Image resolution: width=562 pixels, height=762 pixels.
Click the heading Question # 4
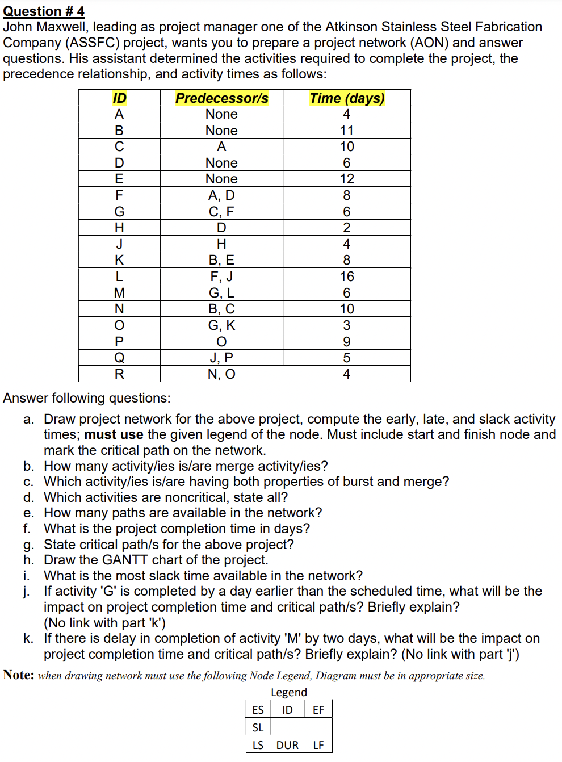pyautogui.click(x=44, y=11)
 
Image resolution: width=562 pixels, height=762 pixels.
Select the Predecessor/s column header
pyautogui.click(x=221, y=98)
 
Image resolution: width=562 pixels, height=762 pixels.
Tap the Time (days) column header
pyautogui.click(x=346, y=98)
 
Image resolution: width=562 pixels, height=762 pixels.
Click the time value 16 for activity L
pyautogui.click(x=346, y=277)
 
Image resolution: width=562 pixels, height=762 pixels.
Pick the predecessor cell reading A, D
pyautogui.click(x=221, y=195)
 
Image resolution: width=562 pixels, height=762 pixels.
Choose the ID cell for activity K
pyautogui.click(x=119, y=260)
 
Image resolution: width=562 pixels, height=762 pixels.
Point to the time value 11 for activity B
pyautogui.click(x=346, y=131)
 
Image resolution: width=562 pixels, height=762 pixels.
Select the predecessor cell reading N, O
pyautogui.click(x=221, y=374)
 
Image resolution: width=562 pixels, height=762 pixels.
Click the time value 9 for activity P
pyautogui.click(x=346, y=342)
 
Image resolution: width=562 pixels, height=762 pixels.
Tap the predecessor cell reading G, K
pyautogui.click(x=221, y=325)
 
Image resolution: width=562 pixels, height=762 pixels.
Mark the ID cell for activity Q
pyautogui.click(x=119, y=358)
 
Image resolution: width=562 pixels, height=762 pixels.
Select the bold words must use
pyautogui.click(x=114, y=435)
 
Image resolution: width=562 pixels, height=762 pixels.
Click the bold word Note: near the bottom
pyautogui.click(x=19, y=675)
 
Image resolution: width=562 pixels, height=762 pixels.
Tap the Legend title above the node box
pyautogui.click(x=289, y=692)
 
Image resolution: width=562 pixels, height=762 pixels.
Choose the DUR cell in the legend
pyautogui.click(x=287, y=745)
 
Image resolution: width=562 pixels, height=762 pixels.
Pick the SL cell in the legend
pyautogui.click(x=258, y=727)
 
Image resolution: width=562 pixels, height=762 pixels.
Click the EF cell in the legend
pyautogui.click(x=318, y=710)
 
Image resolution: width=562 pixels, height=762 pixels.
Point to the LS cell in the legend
pyautogui.click(x=258, y=745)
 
